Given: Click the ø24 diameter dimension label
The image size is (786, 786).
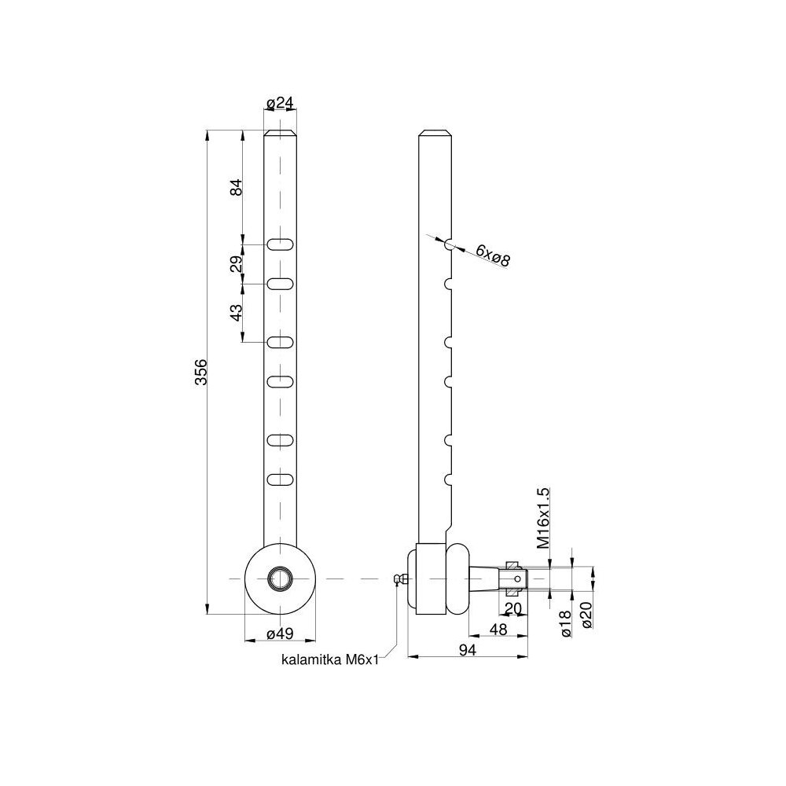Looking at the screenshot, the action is pyautogui.click(x=280, y=103).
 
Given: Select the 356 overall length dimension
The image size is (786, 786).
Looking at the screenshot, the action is pyautogui.click(x=200, y=372).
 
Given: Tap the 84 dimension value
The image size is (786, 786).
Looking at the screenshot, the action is pyautogui.click(x=236, y=187).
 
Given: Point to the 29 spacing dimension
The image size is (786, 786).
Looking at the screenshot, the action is pyautogui.click(x=236, y=264).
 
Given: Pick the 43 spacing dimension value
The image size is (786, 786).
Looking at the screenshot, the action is pyautogui.click(x=236, y=312).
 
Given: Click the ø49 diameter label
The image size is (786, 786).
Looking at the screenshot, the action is pyautogui.click(x=280, y=634).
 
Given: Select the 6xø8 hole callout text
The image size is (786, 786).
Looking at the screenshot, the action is pyautogui.click(x=493, y=255).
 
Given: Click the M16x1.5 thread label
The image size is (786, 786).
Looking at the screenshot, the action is pyautogui.click(x=543, y=518).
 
